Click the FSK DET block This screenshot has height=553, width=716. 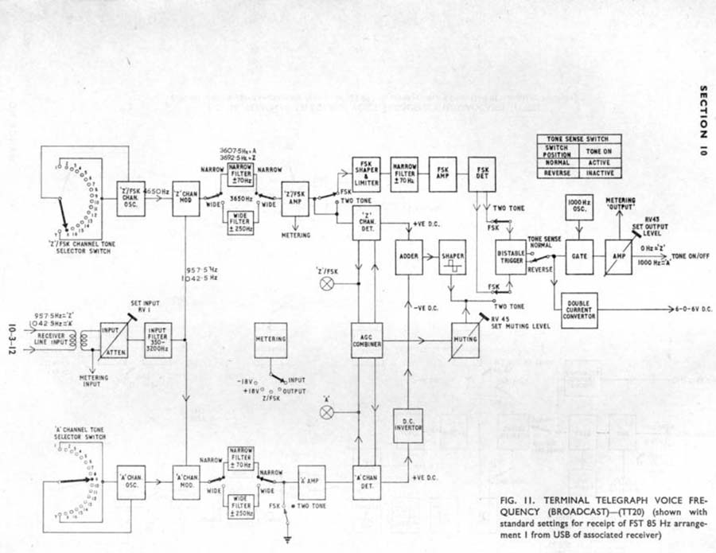coord(482,175)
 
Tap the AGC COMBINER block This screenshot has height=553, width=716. coord(367,340)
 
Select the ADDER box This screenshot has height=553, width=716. coord(411,257)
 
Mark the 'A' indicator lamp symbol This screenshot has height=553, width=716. coord(325,411)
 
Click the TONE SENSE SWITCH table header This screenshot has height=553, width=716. coord(579,139)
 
